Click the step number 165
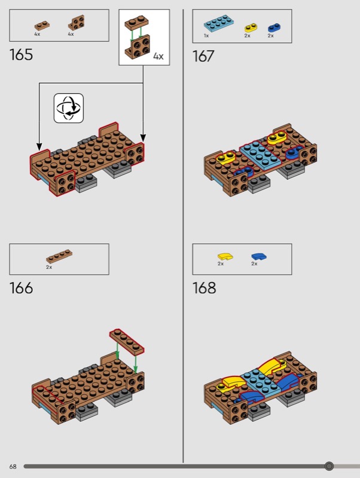click(x=21, y=55)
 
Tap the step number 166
click(x=21, y=288)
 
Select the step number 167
click(x=203, y=56)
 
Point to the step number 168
click(x=204, y=288)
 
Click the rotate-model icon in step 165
click(x=69, y=108)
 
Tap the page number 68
click(x=13, y=467)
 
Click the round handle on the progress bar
click(x=329, y=466)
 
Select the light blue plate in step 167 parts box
click(x=219, y=23)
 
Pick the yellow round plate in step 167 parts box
click(x=251, y=27)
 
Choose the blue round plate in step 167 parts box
click(x=274, y=27)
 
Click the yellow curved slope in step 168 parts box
click(x=225, y=257)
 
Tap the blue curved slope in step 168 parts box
click(x=259, y=257)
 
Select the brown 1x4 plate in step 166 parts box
click(x=59, y=256)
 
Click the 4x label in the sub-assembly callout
click(x=158, y=56)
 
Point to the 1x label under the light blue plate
click(x=206, y=36)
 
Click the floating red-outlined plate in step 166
click(x=127, y=342)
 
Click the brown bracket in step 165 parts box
click(x=77, y=23)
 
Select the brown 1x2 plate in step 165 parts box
click(x=42, y=26)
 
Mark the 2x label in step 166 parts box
click(x=49, y=267)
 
